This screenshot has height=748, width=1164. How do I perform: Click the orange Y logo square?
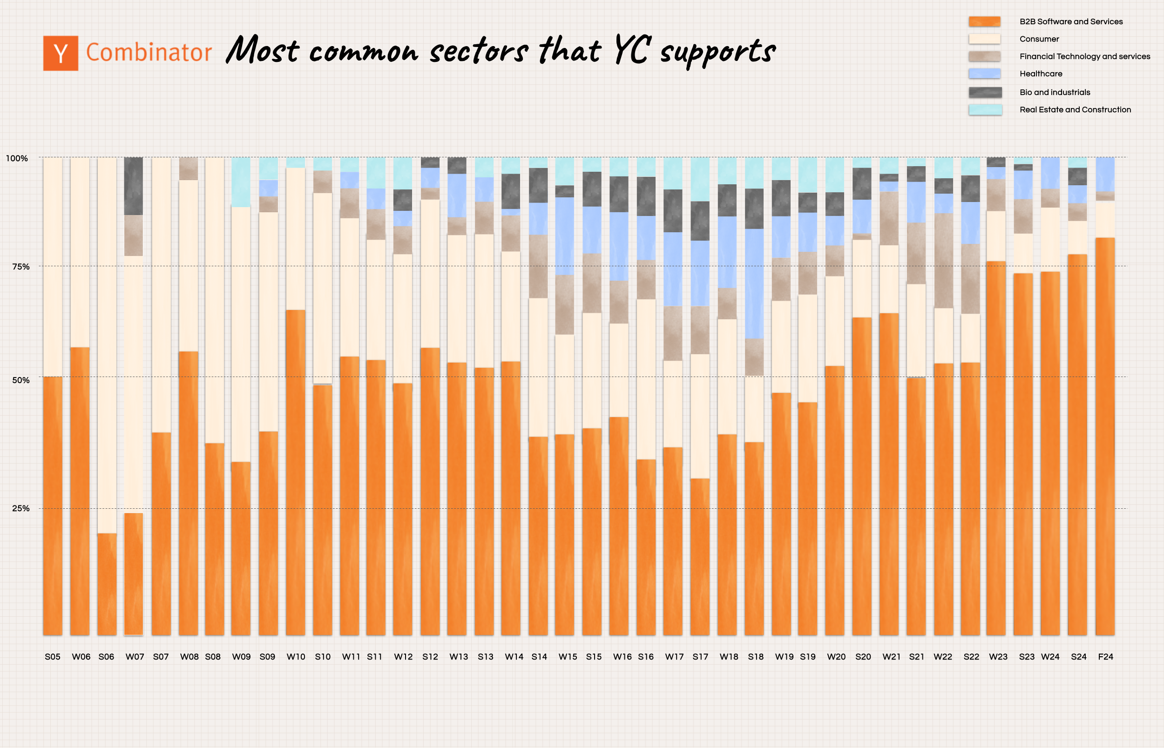(60, 54)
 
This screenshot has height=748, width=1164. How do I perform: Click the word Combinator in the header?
(149, 53)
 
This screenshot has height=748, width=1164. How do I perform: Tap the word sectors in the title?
(479, 51)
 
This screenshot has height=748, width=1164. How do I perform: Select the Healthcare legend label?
(1041, 74)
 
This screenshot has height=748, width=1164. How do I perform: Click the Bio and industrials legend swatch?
(985, 92)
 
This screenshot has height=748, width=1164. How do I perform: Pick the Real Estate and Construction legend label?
(1075, 110)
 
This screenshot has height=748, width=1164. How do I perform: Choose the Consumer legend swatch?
(984, 39)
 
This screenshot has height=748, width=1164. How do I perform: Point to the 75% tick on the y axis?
(20, 267)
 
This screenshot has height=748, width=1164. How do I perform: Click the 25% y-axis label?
(20, 509)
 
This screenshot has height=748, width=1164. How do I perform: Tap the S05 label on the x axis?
(53, 657)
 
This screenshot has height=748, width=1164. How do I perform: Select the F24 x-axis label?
(1105, 657)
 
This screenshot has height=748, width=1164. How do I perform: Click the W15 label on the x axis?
(568, 657)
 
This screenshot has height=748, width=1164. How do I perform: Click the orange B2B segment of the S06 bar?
(107, 583)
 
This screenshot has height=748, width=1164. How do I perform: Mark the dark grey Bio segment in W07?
(134, 186)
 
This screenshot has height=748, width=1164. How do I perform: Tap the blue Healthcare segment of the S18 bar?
(754, 283)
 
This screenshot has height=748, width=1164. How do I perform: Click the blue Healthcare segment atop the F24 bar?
(1105, 174)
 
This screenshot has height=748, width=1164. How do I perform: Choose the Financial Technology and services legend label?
(1084, 56)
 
